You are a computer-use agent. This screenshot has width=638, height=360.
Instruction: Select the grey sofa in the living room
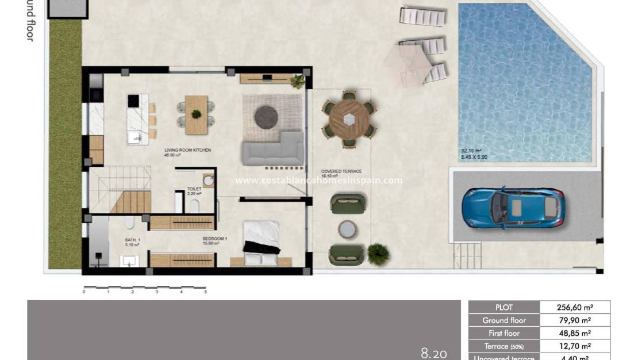(273, 150)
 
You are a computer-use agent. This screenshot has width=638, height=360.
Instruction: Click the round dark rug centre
(266, 117)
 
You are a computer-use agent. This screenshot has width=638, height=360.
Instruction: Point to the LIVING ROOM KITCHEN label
(187, 151)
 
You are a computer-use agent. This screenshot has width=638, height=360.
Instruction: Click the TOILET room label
(194, 188)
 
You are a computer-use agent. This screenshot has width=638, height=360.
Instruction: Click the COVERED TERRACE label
(341, 171)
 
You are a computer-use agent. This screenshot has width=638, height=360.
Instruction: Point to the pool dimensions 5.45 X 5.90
(474, 156)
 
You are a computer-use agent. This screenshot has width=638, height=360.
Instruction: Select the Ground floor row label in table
(504, 320)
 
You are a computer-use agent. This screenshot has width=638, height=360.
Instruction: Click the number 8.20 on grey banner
(433, 353)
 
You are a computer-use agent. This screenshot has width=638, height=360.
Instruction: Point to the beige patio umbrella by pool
(407, 64)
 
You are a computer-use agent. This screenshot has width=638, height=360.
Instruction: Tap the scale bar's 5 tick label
(205, 292)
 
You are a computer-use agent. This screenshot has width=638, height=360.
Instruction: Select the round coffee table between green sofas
(347, 229)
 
